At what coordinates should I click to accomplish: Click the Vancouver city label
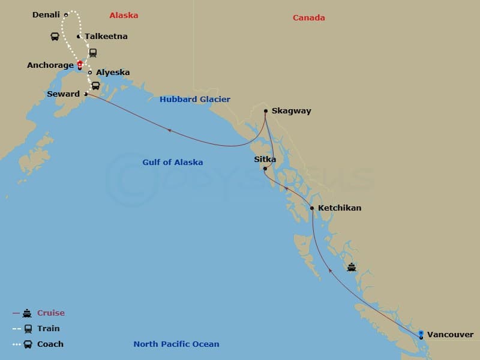[450, 334]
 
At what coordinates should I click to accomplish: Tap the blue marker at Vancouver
[421, 334]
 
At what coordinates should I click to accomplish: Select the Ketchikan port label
[340, 208]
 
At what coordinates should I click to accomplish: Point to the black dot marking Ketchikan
[312, 208]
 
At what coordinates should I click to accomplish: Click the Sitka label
[265, 160]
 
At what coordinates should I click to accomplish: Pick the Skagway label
[291, 111]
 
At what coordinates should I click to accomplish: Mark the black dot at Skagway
[266, 111]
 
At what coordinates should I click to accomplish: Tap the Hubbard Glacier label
[195, 100]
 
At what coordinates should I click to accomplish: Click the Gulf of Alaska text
[173, 163]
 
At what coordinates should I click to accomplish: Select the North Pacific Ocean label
[176, 344]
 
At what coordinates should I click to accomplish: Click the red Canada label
[309, 18]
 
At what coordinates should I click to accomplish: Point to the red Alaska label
[124, 16]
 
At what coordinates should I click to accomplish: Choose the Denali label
[46, 15]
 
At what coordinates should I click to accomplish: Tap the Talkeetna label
[106, 37]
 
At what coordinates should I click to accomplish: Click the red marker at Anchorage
[80, 64]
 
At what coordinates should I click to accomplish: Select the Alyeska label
[113, 73]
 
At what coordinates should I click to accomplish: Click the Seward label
[63, 94]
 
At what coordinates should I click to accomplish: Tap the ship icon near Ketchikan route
[352, 267]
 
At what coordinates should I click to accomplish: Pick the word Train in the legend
[49, 329]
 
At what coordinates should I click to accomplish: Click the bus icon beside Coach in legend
[27, 344]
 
